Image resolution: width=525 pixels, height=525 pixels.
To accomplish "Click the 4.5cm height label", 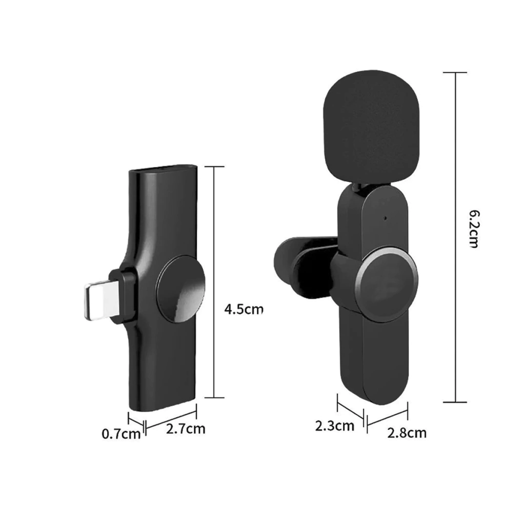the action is (x=244, y=309).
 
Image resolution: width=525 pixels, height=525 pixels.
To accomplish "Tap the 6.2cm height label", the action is (x=474, y=229).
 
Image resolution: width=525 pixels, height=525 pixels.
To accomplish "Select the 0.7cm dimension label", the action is (x=121, y=434).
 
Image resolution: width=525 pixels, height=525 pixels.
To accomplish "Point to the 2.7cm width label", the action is (x=186, y=429).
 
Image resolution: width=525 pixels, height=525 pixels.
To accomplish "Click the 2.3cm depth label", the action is (x=334, y=426).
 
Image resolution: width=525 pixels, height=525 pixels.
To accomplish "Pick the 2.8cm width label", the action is (x=407, y=433).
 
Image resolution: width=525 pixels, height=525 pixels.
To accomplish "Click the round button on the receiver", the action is (x=180, y=289).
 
